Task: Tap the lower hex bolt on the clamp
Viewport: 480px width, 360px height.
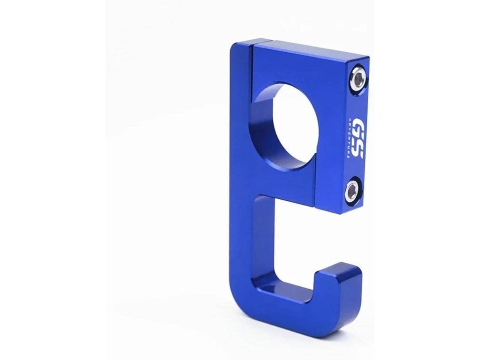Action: click(x=353, y=190)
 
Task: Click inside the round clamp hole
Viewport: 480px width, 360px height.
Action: click(x=294, y=125)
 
